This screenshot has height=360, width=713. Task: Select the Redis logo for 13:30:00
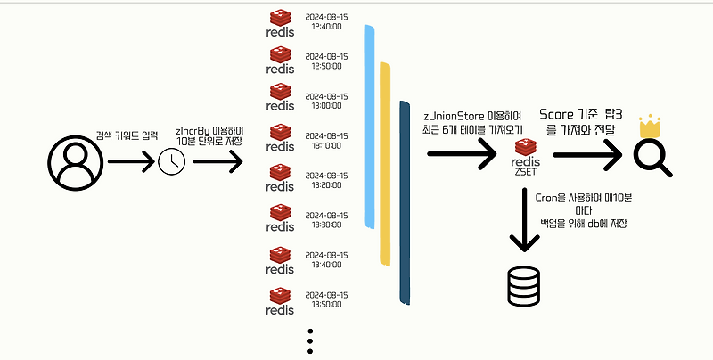coord(281,219)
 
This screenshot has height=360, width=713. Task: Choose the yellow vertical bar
coord(385,163)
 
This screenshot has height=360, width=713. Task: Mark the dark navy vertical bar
coord(403,200)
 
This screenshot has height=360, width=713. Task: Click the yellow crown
coord(649,127)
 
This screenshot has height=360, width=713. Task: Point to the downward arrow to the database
coord(523,224)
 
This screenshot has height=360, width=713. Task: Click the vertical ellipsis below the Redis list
coord(310,343)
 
